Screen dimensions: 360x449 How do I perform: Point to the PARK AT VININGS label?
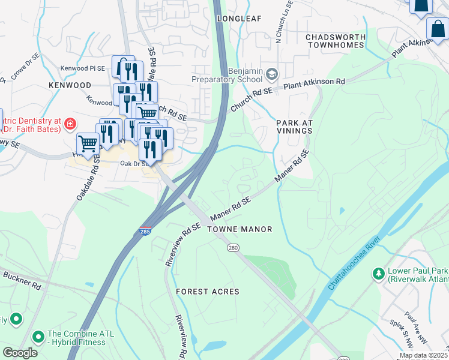coord(295,127)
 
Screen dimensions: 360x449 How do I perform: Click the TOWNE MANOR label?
coord(240,229)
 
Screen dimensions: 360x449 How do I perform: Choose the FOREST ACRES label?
coord(208,292)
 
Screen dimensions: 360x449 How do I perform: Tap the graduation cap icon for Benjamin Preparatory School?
coord(272,74)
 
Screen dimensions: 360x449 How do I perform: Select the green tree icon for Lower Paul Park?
coord(378,274)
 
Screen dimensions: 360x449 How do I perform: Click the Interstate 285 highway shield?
coord(146,230)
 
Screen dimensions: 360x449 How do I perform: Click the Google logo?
coord(20,352)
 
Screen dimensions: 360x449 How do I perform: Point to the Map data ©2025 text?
coord(423,355)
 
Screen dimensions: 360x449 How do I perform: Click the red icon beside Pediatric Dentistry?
coord(70,124)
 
